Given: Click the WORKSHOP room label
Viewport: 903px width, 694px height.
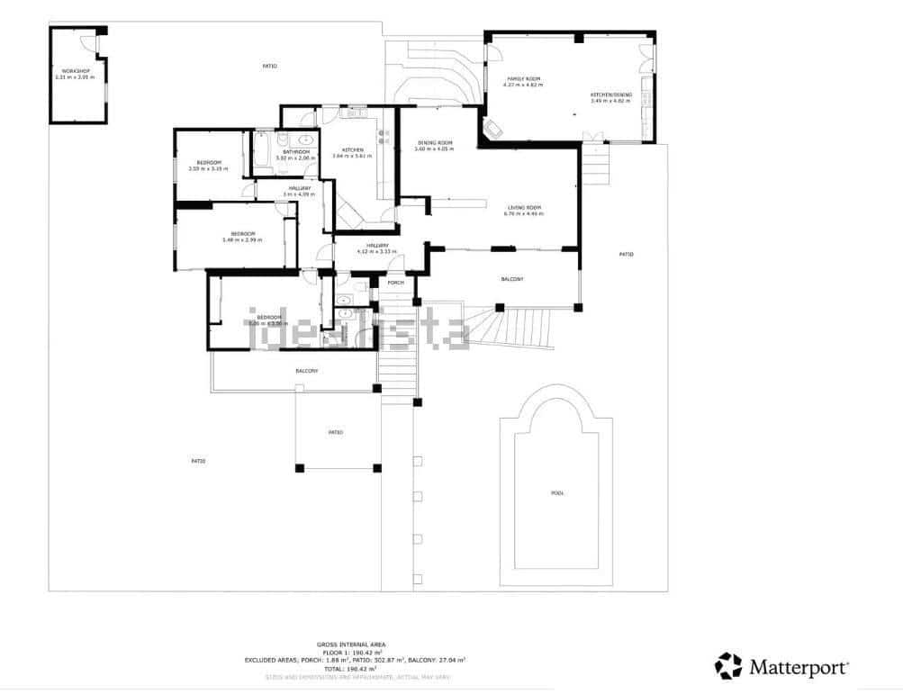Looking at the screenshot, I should [x=75, y=70].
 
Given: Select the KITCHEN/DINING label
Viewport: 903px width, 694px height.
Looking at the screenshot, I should [x=611, y=95].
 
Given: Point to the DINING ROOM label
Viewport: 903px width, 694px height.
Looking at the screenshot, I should [x=434, y=142].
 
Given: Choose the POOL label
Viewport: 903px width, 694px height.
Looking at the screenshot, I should [x=558, y=492].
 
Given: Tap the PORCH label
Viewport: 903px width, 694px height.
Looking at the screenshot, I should [x=395, y=283].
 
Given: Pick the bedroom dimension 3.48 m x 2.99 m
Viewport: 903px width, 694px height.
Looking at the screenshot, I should [x=242, y=239].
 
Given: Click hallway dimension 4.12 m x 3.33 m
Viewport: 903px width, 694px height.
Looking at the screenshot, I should [x=377, y=251].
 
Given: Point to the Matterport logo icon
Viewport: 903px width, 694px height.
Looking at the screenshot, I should [x=728, y=666].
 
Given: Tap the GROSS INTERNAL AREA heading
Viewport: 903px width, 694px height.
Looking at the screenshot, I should [x=352, y=644].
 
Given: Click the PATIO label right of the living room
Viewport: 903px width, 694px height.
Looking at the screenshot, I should [x=627, y=255].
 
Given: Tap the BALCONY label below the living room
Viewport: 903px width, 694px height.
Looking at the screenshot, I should [x=511, y=280].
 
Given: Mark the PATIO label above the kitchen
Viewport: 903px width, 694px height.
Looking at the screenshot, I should [x=269, y=66].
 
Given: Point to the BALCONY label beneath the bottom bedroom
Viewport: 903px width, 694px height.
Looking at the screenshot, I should [x=306, y=371].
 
